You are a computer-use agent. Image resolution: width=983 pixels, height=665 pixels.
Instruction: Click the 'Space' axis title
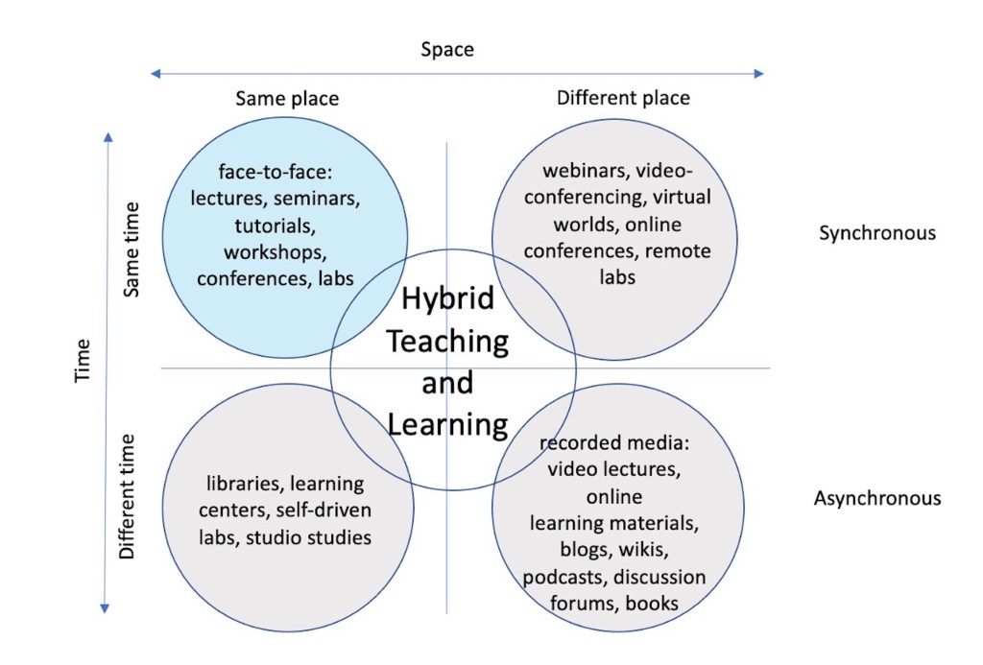[x=447, y=49]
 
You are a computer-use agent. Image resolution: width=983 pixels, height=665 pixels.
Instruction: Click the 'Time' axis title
[x=83, y=361]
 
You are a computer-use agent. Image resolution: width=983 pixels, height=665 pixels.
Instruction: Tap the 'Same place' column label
[x=287, y=98]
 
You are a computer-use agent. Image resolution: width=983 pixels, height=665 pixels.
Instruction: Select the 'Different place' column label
[x=623, y=97]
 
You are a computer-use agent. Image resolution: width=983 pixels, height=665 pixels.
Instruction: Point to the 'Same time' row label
[x=132, y=249]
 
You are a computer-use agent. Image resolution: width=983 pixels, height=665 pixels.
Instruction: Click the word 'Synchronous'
[x=877, y=233]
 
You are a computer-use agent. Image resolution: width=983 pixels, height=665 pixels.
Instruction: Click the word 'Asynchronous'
[x=877, y=498]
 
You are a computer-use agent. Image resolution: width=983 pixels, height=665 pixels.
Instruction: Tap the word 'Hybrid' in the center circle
[x=447, y=298]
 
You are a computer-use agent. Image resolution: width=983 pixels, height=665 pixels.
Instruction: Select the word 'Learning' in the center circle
[x=447, y=424]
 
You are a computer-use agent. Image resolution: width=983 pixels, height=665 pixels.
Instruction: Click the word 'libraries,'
[x=245, y=483]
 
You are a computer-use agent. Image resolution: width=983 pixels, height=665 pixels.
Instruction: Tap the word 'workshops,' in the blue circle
[x=276, y=252]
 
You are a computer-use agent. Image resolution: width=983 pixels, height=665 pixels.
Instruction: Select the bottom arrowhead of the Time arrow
[x=106, y=606]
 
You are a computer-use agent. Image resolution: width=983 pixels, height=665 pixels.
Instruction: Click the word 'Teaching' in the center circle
[x=447, y=340]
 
